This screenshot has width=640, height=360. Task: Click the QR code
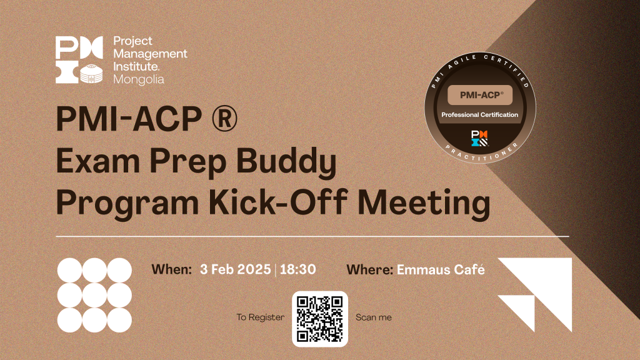(x=320, y=319)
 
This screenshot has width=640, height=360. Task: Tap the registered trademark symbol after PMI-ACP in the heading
(x=224, y=119)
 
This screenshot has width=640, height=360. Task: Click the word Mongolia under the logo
(x=139, y=79)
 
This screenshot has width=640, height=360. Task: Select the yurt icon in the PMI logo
(x=91, y=74)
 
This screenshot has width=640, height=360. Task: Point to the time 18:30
(x=298, y=269)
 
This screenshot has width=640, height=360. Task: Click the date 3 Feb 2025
(x=236, y=269)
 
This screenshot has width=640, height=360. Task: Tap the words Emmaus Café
(x=441, y=269)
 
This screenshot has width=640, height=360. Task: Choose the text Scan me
(x=374, y=317)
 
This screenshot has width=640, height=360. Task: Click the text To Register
(x=261, y=317)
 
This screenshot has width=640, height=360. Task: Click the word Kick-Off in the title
(x=278, y=202)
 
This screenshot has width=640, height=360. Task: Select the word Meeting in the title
(x=424, y=204)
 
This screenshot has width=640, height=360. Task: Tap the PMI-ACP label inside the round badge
(x=480, y=95)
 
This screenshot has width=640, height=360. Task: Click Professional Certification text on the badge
(x=479, y=115)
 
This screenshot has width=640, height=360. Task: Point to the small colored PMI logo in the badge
(x=479, y=138)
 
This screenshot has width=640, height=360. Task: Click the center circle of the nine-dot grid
(x=95, y=295)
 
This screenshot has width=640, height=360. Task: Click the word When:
(x=171, y=269)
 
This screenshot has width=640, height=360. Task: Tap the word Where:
(x=370, y=269)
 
